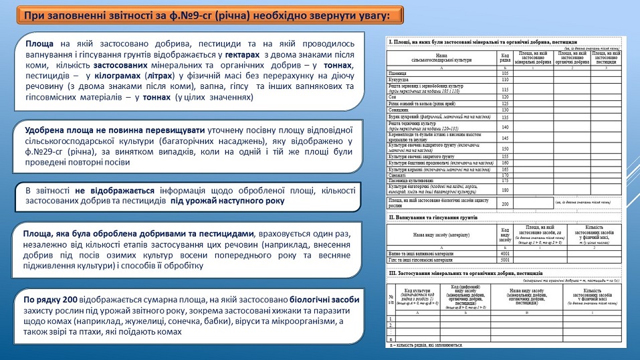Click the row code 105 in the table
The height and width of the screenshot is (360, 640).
[506, 74]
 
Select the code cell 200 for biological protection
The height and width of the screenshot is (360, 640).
[506, 203]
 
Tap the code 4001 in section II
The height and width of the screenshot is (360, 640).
[506, 254]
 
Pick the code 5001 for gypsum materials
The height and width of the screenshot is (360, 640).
[506, 260]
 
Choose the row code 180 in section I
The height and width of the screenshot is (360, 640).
[506, 189]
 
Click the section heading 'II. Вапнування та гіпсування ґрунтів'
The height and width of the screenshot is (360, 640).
[434, 217]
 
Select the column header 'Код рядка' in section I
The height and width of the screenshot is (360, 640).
[506, 58]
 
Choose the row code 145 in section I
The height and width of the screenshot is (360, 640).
[506, 137]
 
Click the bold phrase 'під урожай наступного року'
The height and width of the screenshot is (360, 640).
[227, 201]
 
